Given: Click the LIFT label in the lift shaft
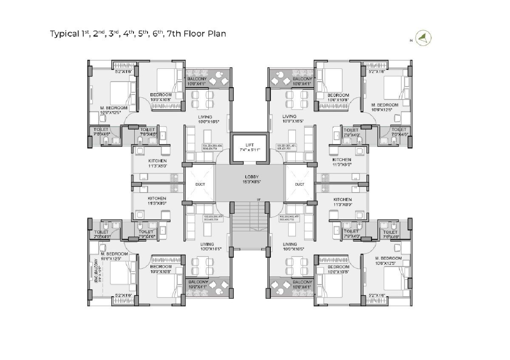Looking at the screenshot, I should pyautogui.click(x=249, y=145).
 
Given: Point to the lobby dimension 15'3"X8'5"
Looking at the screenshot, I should pyautogui.click(x=249, y=182).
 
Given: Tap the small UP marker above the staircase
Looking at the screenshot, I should pyautogui.click(x=258, y=199).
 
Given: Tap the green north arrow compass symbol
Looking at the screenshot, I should pyautogui.click(x=423, y=39).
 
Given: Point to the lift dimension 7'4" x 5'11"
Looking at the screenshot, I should pyautogui.click(x=249, y=150).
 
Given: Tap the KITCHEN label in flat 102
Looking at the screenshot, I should pyautogui.click(x=342, y=199).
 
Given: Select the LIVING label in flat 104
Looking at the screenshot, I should pyautogui.click(x=205, y=116).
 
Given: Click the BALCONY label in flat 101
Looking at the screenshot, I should pyautogui.click(x=302, y=79).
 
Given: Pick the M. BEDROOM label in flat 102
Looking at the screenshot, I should pyautogui.click(x=388, y=258).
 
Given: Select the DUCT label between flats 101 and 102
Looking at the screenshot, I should pyautogui.click(x=300, y=184).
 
